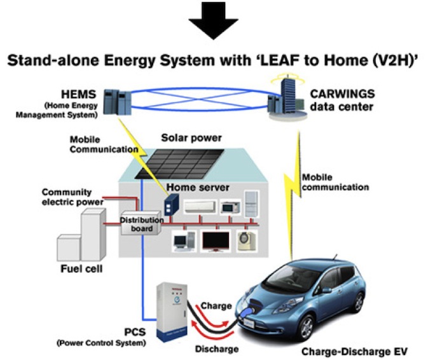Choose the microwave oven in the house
click(228, 207)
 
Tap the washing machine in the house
click(246, 241)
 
